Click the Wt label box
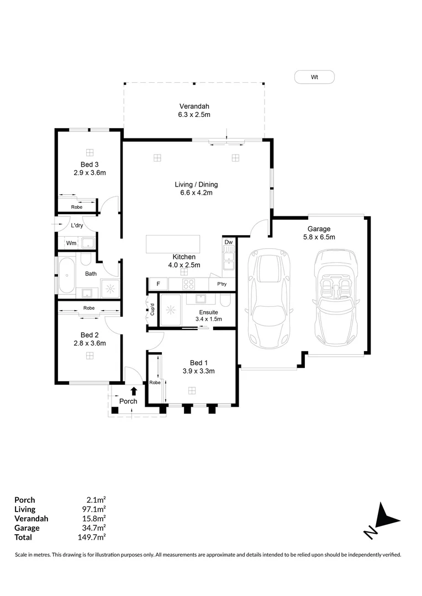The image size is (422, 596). point(314,77)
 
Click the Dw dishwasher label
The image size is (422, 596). point(228,242)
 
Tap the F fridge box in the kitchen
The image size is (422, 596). point(159,284)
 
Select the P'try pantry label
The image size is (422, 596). point(222,285)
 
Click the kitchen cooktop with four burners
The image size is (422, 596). point(188,284)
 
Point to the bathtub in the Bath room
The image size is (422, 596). point(67,275)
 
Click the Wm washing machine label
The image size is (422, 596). point(71,243)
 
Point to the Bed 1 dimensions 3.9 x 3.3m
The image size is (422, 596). point(198,371)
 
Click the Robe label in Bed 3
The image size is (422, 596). point(76,207)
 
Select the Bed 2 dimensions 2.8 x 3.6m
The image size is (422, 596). point(89,343)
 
